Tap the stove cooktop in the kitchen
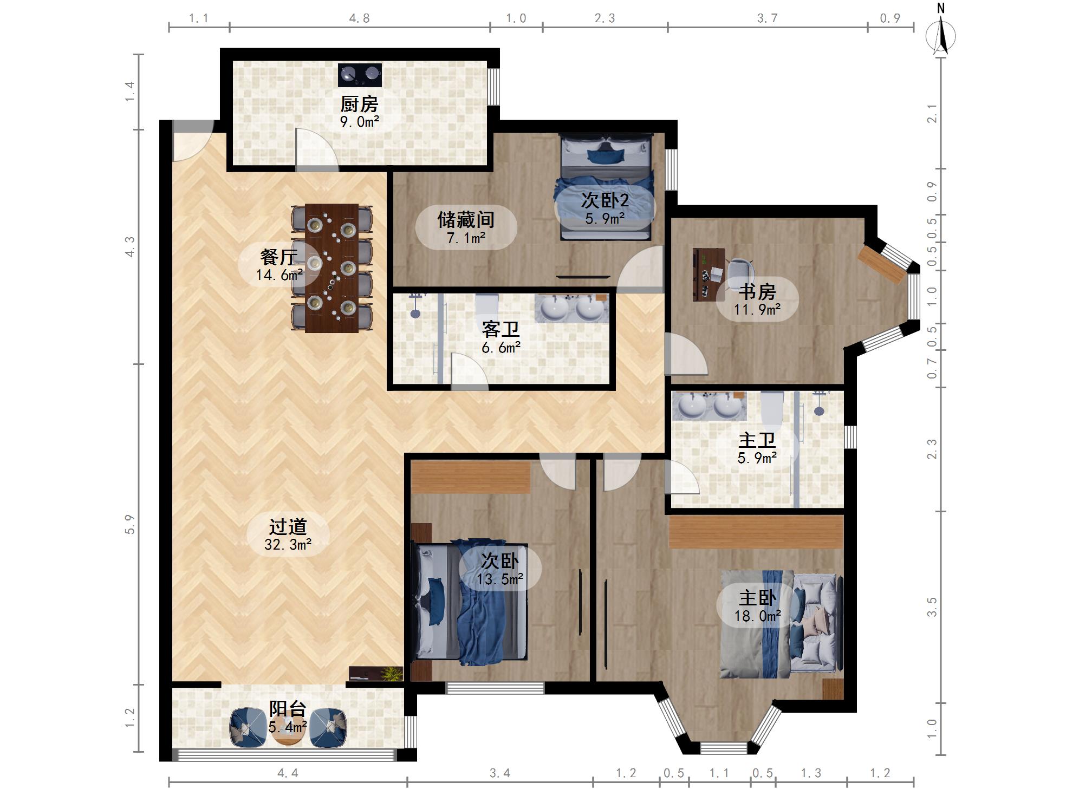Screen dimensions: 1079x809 pyautogui.click(x=360, y=75)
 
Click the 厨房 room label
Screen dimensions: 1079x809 pyautogui.click(x=359, y=104)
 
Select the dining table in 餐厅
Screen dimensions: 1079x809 pyautogui.click(x=331, y=268)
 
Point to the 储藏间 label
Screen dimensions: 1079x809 pyautogui.click(x=466, y=220)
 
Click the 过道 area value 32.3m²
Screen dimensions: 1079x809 pyautogui.click(x=288, y=545)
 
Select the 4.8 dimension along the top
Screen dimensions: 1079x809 pyautogui.click(x=359, y=18)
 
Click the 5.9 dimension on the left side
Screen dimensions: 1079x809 pyautogui.click(x=129, y=524)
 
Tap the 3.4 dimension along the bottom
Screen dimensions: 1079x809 pyautogui.click(x=500, y=773)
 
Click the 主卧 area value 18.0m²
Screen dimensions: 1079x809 pyautogui.click(x=757, y=616)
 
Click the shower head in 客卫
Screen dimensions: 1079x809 pyautogui.click(x=415, y=305)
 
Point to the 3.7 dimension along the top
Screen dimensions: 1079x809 pyautogui.click(x=767, y=18)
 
